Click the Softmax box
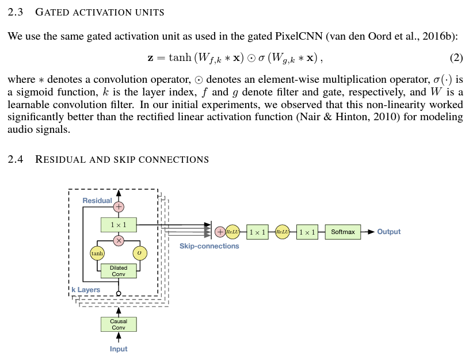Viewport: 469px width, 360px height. (343, 232)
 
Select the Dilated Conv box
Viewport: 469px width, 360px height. (119, 271)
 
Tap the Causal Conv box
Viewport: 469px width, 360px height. (119, 324)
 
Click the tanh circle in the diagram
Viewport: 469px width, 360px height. (97, 253)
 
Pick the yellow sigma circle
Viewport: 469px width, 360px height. (140, 253)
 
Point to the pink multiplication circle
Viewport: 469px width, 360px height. (119, 240)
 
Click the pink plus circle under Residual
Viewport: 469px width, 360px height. (119, 206)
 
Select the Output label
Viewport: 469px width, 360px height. (389, 232)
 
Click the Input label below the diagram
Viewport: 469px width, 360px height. (119, 349)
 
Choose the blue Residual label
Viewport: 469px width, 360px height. (97, 201)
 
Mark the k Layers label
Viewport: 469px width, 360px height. (86, 290)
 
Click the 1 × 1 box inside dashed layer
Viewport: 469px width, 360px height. (119, 224)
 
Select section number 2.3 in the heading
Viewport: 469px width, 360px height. (16, 12)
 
